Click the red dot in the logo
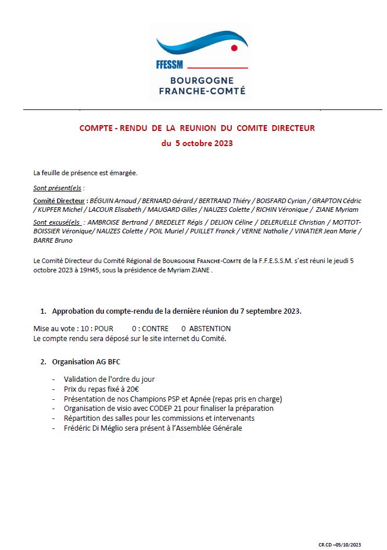point(234,48)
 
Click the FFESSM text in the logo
point(170,65)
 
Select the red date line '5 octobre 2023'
point(197,143)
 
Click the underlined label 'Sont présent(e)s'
point(58,189)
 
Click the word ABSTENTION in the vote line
point(210,329)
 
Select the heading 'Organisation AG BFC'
point(86,361)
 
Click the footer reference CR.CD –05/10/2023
point(339,544)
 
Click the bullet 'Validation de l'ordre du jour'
point(109,379)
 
